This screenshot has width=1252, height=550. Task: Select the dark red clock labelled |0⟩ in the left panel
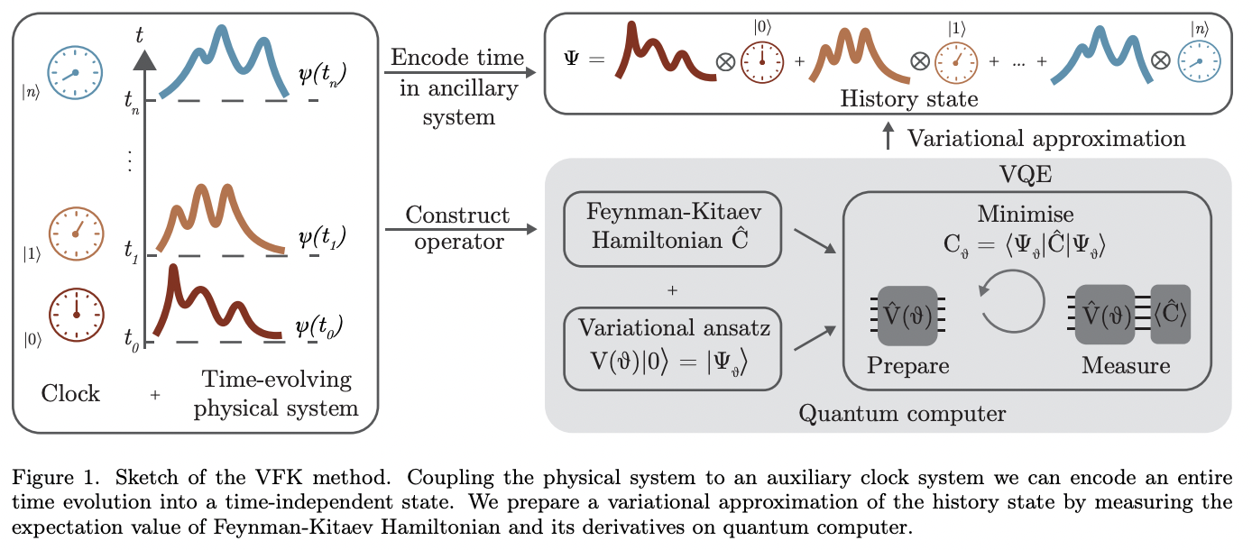(x=77, y=313)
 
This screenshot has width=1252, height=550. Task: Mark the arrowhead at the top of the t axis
(x=145, y=60)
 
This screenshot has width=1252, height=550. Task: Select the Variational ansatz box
(x=671, y=349)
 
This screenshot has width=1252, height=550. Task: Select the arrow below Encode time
(x=457, y=73)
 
